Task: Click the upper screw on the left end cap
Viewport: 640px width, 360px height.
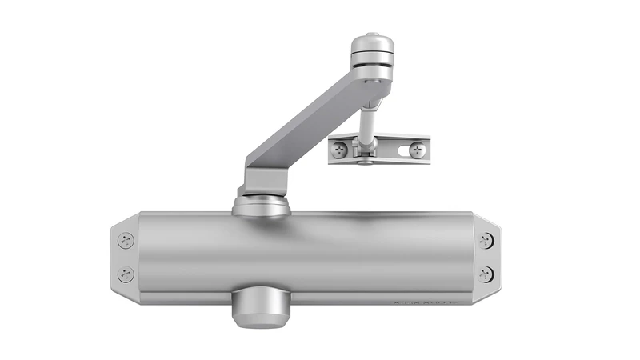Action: [126, 239]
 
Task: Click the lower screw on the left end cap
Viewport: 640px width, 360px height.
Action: [126, 274]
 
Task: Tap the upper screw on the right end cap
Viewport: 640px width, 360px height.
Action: [486, 239]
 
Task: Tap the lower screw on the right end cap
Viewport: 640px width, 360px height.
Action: [486, 274]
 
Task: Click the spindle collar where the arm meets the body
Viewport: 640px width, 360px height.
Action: [260, 206]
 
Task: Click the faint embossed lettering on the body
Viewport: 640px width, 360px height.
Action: [424, 302]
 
